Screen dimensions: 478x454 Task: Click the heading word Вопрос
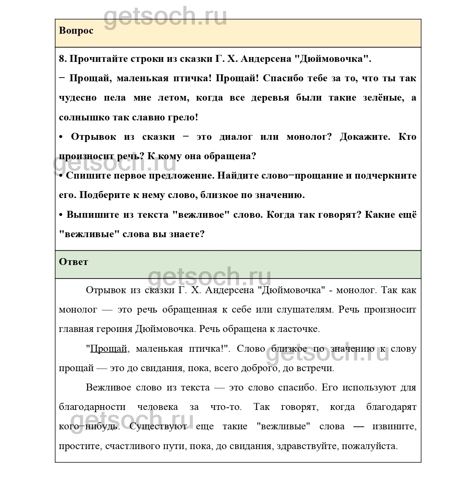tap(76, 31)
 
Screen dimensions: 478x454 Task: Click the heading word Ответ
tap(73, 262)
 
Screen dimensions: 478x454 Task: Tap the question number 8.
tap(62, 59)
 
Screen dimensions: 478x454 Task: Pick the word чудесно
tap(77, 98)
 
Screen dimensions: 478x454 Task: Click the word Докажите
tap(364, 137)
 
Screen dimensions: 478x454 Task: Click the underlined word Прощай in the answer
tap(109, 349)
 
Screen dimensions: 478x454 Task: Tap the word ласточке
tap(298, 329)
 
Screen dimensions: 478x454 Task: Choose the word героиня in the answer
tap(114, 329)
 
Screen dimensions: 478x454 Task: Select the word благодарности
tap(92, 407)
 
